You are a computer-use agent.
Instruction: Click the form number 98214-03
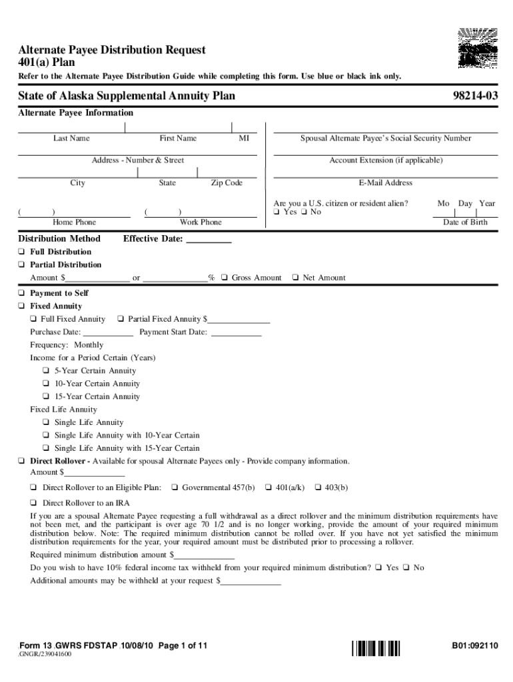(x=472, y=97)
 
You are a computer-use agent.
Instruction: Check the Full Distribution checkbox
(x=21, y=252)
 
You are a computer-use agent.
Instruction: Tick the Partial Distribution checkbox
(x=21, y=265)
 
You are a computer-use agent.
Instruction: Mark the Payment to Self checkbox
(x=21, y=294)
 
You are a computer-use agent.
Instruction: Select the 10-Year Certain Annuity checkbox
(x=46, y=384)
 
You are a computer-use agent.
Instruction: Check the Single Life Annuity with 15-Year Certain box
(x=46, y=448)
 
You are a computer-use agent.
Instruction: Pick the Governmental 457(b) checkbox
(x=174, y=488)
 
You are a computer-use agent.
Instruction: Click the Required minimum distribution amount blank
(x=205, y=555)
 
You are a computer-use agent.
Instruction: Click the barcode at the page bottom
(x=376, y=647)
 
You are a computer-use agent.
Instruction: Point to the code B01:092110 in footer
(x=474, y=646)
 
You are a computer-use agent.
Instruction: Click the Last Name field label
(x=71, y=139)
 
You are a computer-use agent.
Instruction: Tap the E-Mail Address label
(x=385, y=183)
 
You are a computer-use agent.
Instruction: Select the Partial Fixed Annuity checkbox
(x=121, y=320)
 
